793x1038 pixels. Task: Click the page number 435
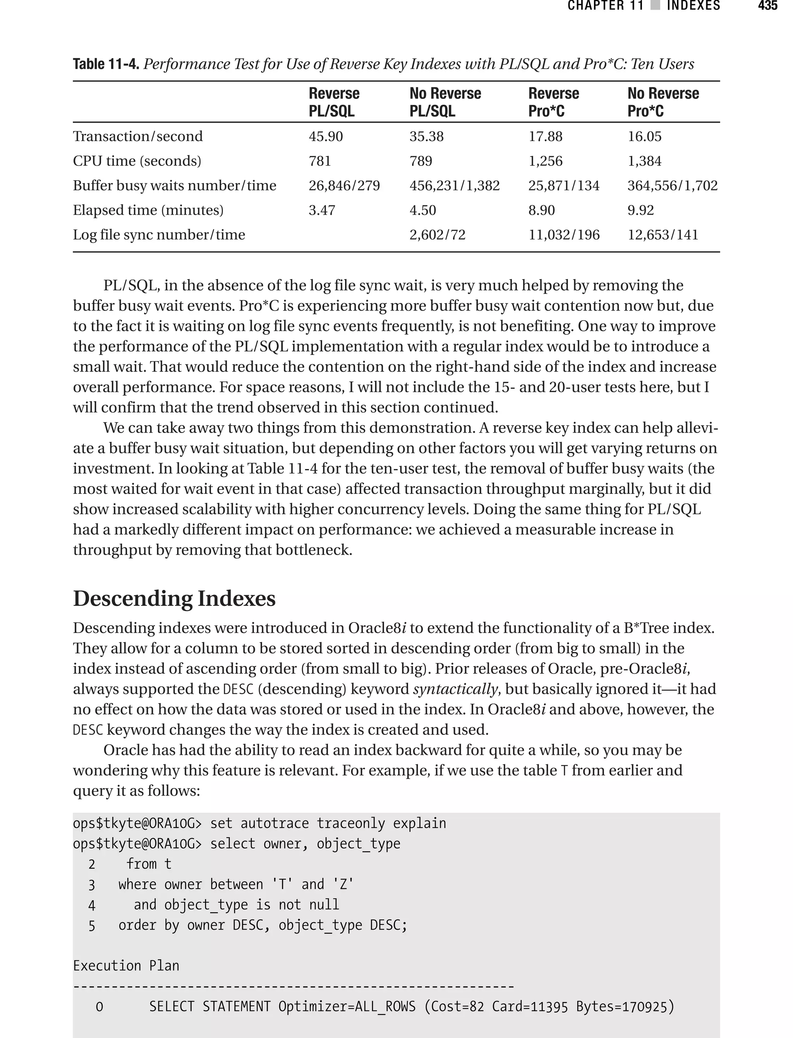coord(767,6)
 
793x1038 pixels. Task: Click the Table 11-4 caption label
coord(106,64)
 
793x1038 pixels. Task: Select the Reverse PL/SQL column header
coord(334,102)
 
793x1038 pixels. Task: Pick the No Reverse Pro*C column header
coord(663,102)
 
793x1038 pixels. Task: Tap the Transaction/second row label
coord(137,136)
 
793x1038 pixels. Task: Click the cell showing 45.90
coord(326,136)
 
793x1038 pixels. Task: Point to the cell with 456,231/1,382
coord(454,186)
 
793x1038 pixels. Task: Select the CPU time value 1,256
coord(545,161)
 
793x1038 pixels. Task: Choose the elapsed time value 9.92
coord(640,210)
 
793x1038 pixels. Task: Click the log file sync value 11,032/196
coord(564,235)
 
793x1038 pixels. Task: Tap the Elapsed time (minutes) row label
coord(148,210)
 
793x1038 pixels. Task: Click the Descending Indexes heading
coord(174,598)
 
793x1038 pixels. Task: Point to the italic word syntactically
coord(455,689)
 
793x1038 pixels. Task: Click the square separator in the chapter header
coord(655,6)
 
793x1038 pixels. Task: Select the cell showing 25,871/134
coord(564,186)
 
